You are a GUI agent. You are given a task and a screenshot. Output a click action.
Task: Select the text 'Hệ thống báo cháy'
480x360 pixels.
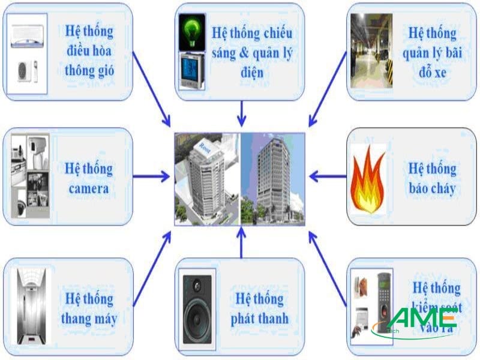432,178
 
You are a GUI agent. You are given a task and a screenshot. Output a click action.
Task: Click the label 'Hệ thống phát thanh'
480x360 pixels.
259,308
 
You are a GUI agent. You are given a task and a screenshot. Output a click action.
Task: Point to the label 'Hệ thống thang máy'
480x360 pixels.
89,308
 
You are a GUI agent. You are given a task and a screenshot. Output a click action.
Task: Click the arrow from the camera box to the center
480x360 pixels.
151,176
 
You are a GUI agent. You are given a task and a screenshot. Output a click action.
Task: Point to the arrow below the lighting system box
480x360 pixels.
241,113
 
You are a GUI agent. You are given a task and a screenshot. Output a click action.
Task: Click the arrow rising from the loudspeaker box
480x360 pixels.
241,243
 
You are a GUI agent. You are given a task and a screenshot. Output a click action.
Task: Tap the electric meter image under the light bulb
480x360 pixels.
193,71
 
